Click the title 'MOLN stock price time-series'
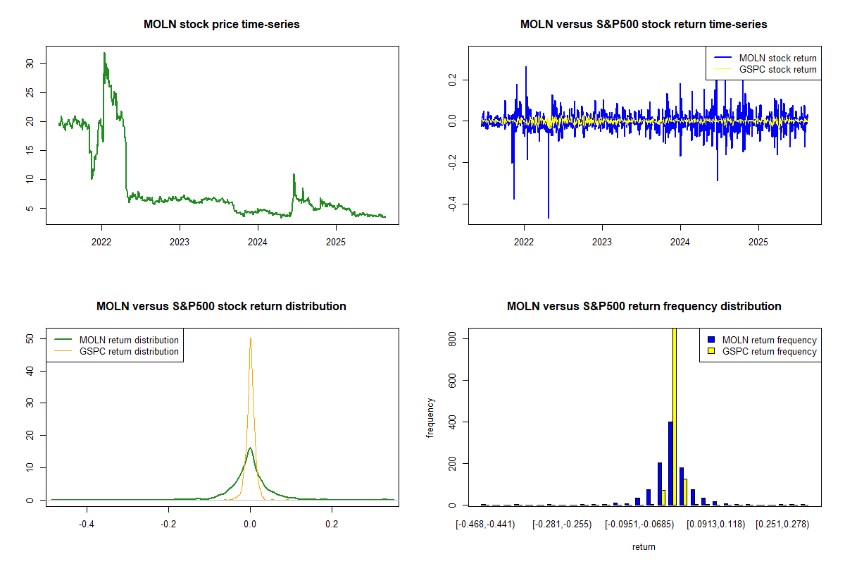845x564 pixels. (221, 25)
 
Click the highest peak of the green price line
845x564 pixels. (104, 53)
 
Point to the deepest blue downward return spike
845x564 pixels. (549, 217)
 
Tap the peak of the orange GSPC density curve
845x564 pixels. (250, 338)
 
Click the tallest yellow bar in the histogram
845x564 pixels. (675, 416)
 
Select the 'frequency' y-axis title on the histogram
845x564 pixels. (430, 418)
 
